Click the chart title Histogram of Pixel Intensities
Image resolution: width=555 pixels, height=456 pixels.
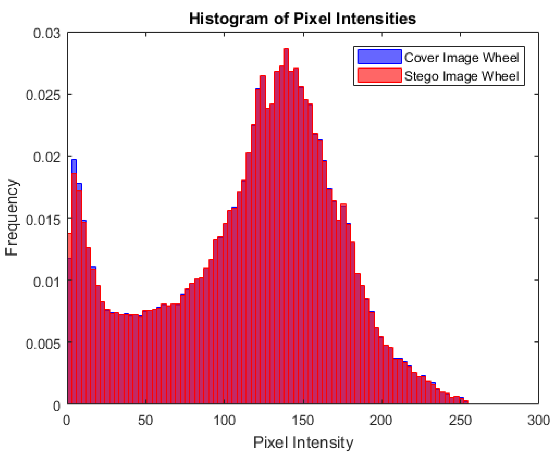(x=302, y=19)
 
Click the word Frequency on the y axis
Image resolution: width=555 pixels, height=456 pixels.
(x=12, y=218)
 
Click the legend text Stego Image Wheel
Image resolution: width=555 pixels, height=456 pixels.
(x=461, y=76)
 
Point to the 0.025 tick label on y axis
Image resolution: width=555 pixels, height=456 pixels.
(x=43, y=95)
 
